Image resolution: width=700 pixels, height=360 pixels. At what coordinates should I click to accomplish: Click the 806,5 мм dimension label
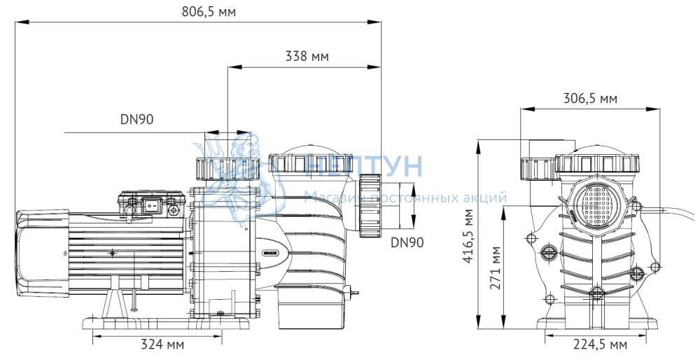click(209, 11)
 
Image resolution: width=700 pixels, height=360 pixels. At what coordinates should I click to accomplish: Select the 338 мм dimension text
click(307, 56)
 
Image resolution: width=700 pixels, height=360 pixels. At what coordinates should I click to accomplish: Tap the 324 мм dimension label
click(162, 345)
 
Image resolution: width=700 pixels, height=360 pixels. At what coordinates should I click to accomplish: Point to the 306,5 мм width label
click(590, 98)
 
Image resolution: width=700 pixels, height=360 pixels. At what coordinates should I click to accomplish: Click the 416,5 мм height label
click(468, 236)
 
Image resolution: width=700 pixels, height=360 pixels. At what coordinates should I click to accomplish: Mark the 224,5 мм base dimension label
click(600, 345)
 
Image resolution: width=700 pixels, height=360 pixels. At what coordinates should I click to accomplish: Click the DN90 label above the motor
click(136, 119)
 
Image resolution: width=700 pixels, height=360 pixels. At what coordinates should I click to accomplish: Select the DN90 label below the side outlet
click(407, 242)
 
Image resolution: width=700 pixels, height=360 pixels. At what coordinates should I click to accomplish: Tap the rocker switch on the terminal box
click(150, 205)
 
